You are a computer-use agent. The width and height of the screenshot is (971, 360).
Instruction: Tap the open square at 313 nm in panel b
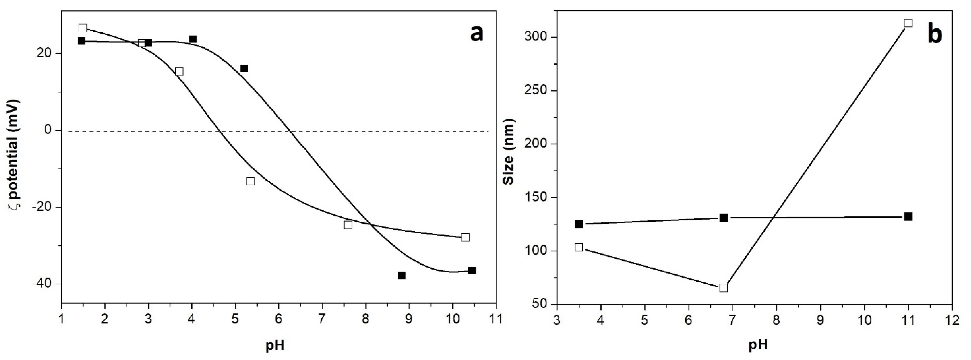point(908,23)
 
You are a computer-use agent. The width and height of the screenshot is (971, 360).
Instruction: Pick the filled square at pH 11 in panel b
point(908,216)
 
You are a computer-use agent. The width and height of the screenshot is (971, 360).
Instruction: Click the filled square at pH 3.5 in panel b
point(579,224)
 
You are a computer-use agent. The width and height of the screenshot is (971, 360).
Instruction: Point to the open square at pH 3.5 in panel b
point(579,247)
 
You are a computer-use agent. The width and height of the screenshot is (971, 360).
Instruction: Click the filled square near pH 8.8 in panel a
point(402,275)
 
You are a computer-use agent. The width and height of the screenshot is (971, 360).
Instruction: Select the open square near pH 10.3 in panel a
point(465,237)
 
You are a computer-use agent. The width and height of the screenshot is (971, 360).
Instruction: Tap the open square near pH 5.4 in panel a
point(250,181)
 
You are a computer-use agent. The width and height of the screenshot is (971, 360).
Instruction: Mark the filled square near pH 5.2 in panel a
point(244,68)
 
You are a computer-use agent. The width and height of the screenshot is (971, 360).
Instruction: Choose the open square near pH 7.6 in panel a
point(348,225)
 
